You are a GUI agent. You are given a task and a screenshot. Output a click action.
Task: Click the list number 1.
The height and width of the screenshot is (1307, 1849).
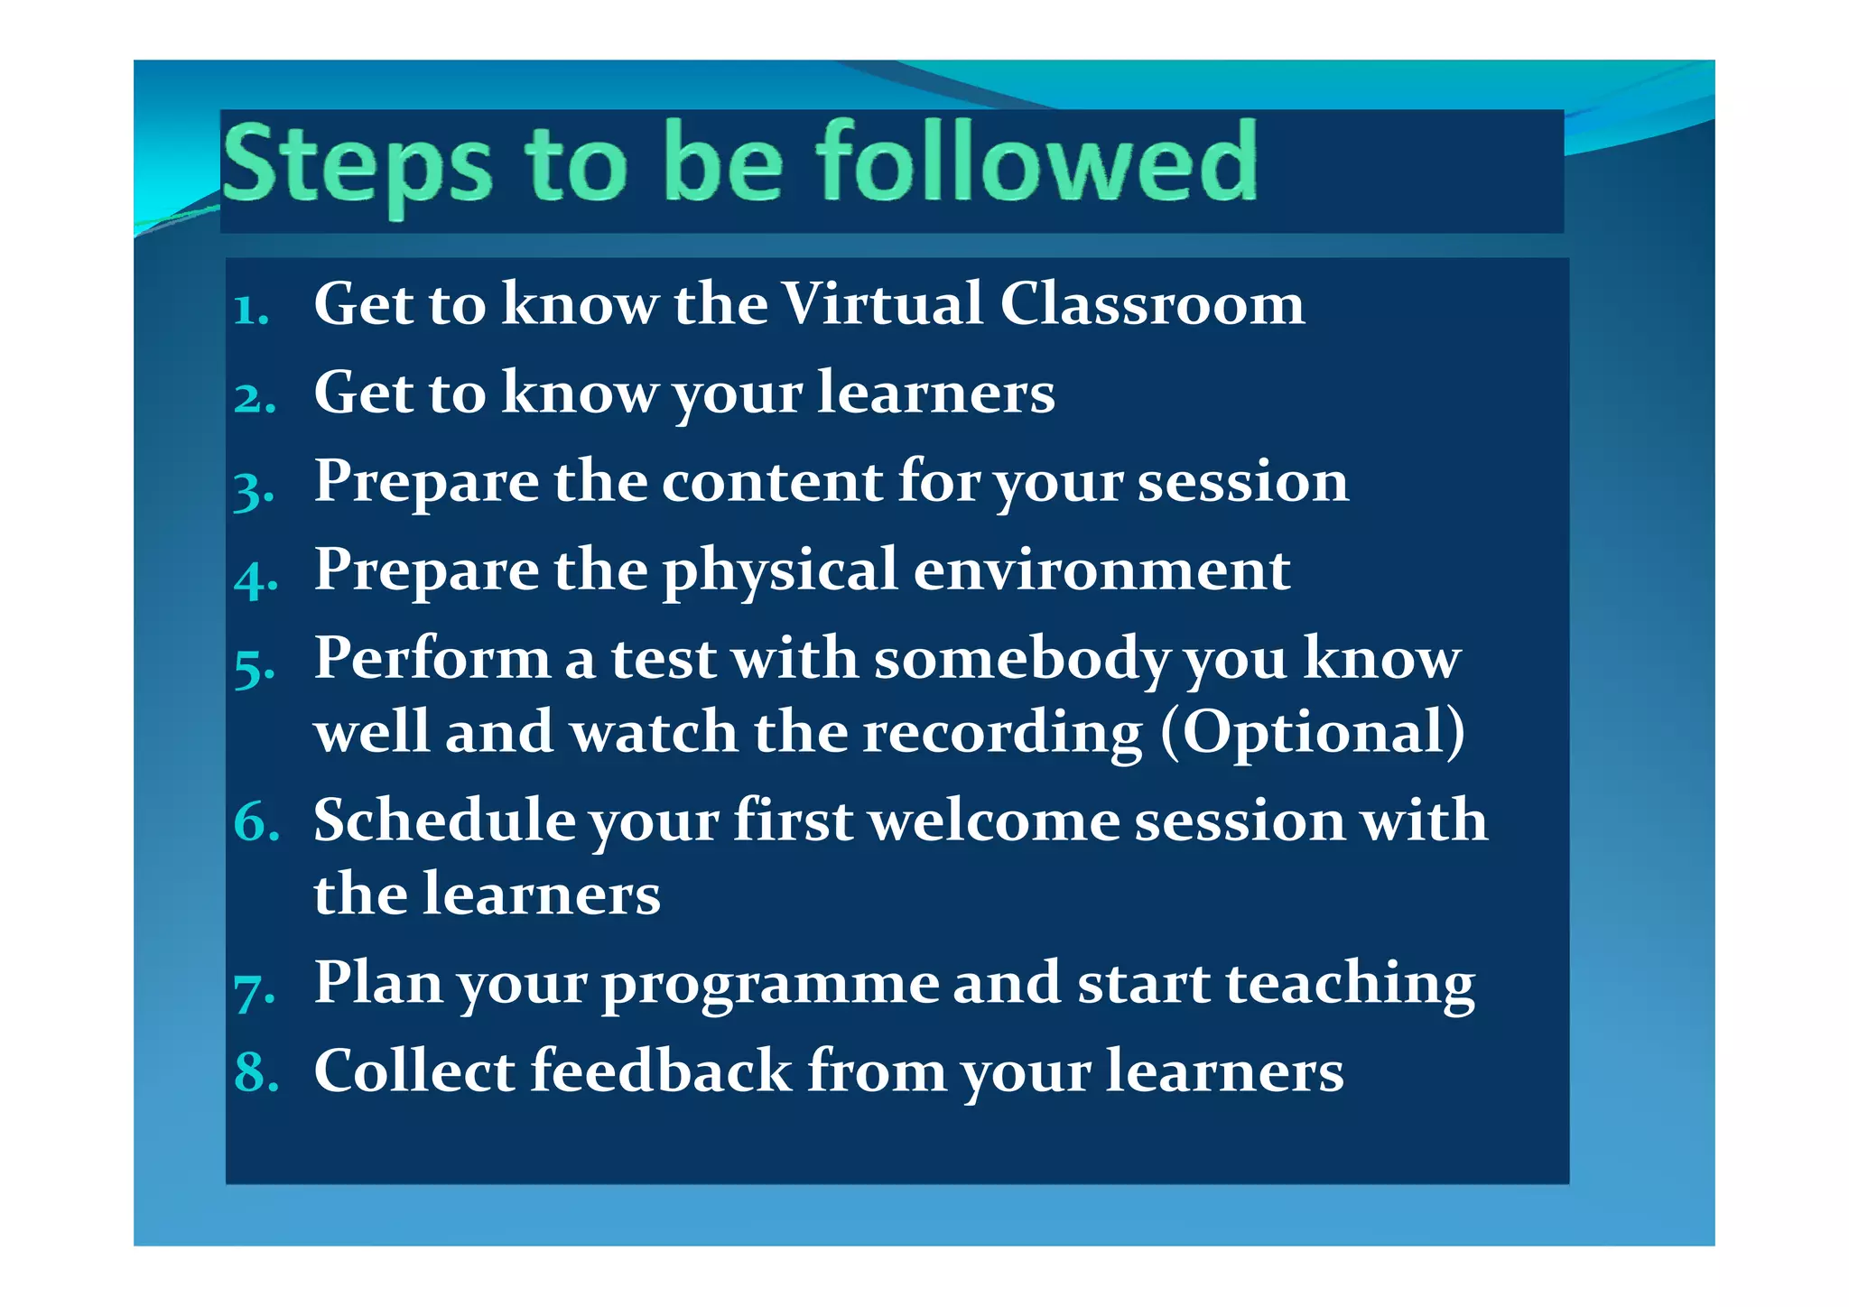coord(251,311)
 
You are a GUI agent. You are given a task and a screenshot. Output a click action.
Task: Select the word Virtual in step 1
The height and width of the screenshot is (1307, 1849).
coord(881,303)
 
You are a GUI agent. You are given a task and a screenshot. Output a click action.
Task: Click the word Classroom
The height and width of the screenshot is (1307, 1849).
coord(1152,303)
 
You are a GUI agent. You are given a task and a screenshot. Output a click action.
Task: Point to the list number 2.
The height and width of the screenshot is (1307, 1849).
coord(255,398)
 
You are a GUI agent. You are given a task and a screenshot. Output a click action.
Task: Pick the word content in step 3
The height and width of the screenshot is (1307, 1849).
coord(772,481)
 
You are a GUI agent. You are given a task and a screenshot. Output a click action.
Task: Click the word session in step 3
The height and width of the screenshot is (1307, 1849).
coord(1242,481)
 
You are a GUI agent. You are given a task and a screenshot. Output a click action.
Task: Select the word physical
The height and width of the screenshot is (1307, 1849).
coord(780,571)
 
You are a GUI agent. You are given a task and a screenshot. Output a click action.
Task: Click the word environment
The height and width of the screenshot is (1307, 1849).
coord(1101,570)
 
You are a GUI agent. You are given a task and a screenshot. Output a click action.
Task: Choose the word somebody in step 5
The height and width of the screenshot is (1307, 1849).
coord(1021,659)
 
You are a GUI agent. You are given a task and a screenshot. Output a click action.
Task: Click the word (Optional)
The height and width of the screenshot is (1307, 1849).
coord(1312,731)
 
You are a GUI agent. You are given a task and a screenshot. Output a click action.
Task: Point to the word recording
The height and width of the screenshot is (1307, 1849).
coord(1002,733)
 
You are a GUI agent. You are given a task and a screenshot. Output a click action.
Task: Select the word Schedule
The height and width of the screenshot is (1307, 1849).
coord(444,820)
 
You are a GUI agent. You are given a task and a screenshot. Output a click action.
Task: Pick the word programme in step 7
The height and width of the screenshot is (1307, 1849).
coord(770,985)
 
